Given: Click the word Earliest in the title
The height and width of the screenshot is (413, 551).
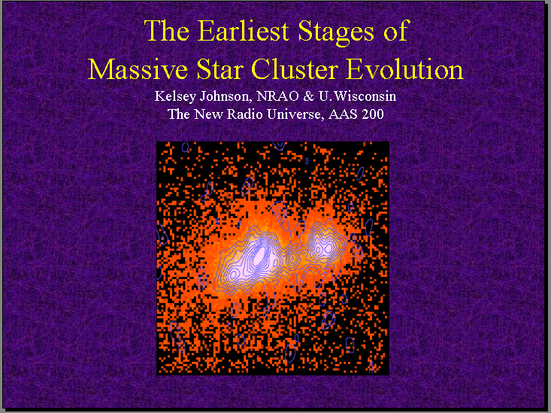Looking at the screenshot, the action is [x=244, y=31].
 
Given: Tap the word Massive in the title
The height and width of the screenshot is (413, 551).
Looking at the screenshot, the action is [x=138, y=69].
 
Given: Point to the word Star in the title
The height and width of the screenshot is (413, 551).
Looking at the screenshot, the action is [x=220, y=69].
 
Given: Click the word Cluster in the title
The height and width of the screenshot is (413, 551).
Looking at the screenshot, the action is [x=295, y=69].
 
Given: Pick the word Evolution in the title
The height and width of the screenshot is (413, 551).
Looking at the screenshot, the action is [x=405, y=69].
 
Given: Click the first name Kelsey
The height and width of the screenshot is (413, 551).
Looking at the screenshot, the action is [x=175, y=97].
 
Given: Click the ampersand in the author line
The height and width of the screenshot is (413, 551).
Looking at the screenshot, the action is [x=308, y=96].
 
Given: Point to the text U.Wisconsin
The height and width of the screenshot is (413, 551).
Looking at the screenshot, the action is [x=357, y=96].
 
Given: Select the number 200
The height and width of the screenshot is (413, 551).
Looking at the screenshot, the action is [x=373, y=114].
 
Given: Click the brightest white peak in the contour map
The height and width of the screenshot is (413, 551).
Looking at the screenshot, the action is [x=260, y=254].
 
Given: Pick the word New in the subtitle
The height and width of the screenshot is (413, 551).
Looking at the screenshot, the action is [x=208, y=114].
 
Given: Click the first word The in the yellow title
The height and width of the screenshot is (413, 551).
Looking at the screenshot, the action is [x=167, y=31].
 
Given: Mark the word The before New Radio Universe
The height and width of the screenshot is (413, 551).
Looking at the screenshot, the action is [x=179, y=114].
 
